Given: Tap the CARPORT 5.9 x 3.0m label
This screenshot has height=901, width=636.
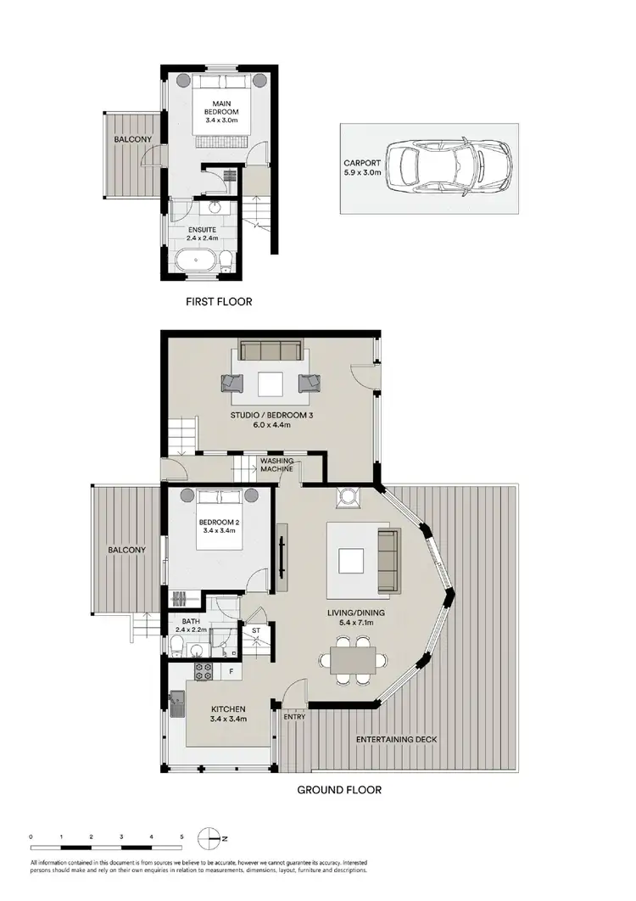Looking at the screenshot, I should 362,167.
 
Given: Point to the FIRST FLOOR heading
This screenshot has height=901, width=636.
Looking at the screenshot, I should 219,301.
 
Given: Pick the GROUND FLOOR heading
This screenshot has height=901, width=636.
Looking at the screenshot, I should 338,790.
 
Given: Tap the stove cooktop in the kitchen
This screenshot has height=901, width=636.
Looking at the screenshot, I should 204,672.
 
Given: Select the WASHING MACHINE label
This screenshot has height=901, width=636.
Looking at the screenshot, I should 277,466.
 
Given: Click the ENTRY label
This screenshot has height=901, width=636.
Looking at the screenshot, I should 295,717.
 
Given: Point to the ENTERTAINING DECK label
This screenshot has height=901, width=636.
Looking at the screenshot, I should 397,740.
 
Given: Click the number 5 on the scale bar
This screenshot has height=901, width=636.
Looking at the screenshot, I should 181,837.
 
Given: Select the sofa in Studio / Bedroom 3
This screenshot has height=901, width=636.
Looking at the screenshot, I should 270,350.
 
